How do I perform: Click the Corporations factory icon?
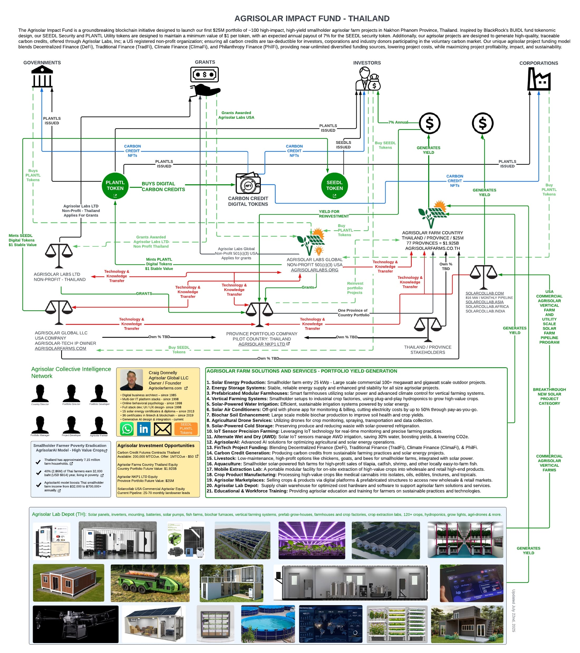[539, 79]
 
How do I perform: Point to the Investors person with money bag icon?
[368, 79]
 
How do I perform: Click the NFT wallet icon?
[248, 184]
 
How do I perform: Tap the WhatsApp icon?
[127, 429]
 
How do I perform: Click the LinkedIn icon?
[144, 429]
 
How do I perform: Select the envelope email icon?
[162, 429]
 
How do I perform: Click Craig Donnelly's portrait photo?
[132, 380]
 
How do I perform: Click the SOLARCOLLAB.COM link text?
[484, 293]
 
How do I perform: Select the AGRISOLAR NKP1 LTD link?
[262, 344]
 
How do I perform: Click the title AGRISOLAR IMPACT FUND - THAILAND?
[312, 18]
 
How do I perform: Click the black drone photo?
[75, 624]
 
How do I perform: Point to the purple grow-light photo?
[311, 540]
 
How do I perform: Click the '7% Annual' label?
[398, 122]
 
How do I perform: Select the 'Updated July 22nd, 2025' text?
[513, 610]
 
